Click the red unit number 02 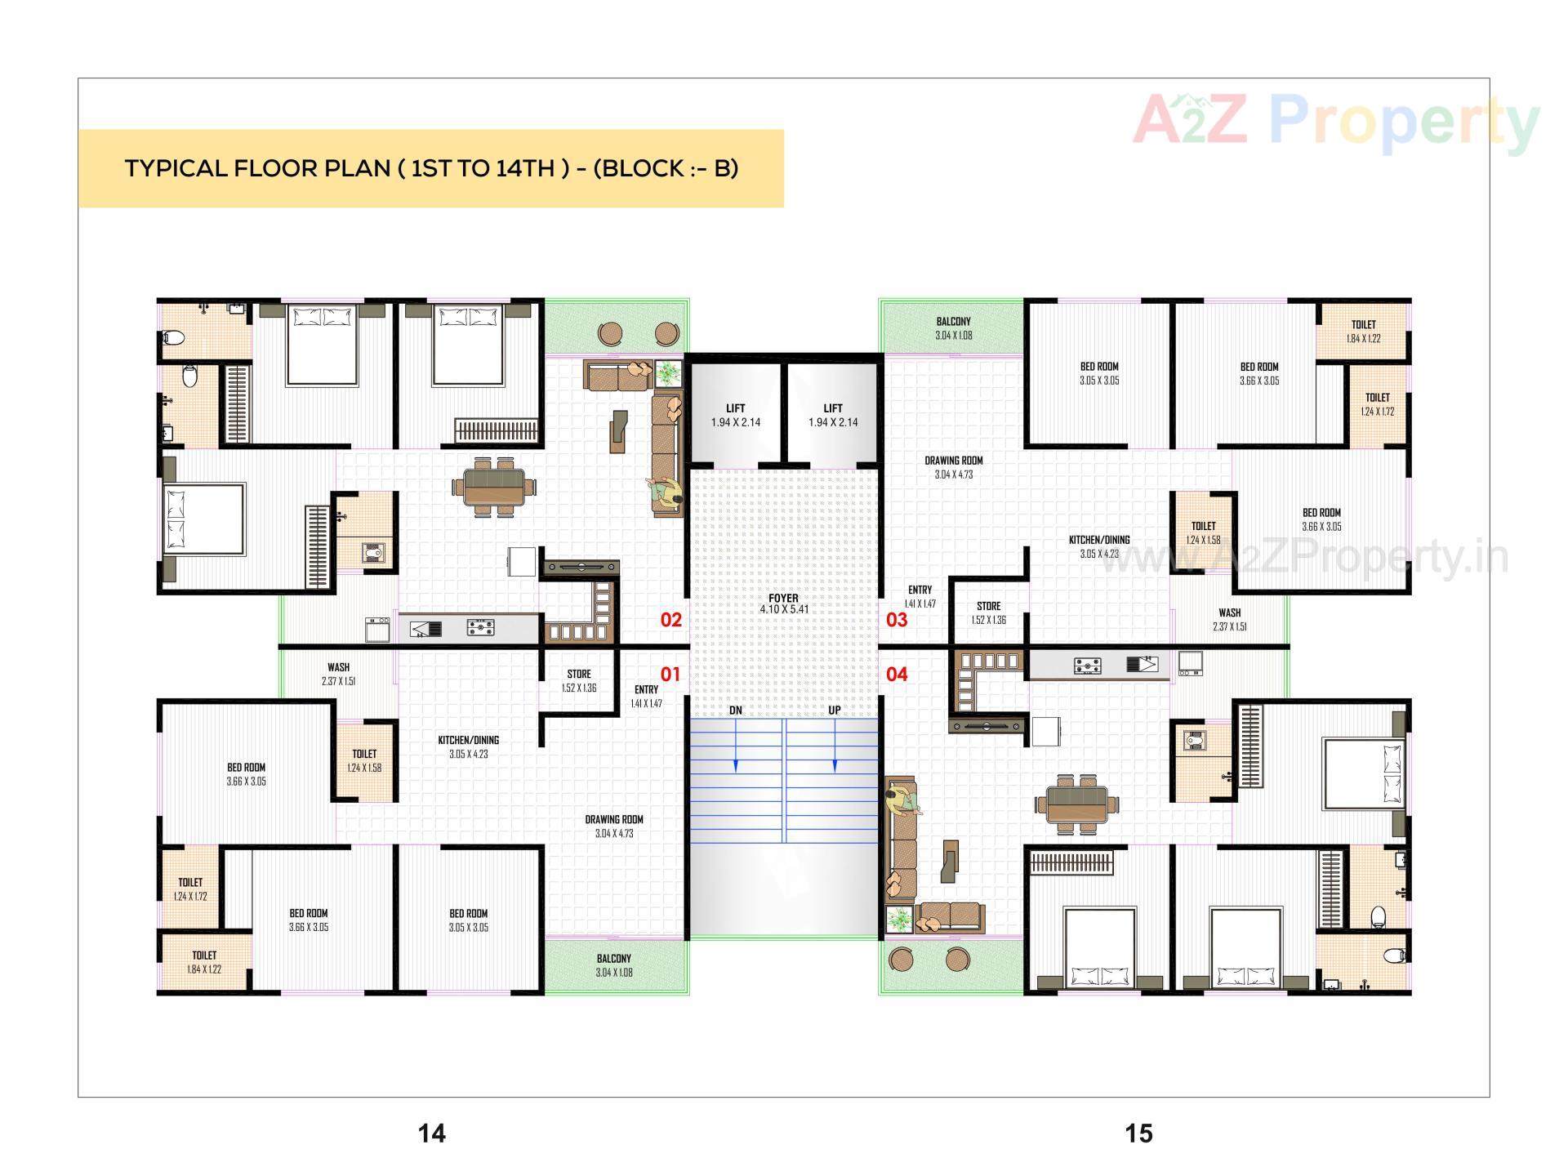pos(670,620)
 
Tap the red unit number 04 pos(897,675)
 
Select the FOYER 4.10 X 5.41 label pos(783,604)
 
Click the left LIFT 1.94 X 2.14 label pos(735,415)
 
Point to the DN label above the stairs pos(736,710)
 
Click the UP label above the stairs pos(834,710)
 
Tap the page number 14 pos(432,1133)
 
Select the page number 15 pos(1138,1133)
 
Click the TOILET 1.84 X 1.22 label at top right pos(1363,331)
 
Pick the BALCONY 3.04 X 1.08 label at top pos(953,328)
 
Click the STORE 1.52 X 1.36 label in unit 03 pos(988,612)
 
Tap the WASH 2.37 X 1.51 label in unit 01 pos(338,674)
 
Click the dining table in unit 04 pos(1076,804)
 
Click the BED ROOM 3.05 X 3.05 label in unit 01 pos(468,920)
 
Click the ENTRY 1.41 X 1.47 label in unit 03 pos(920,596)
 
